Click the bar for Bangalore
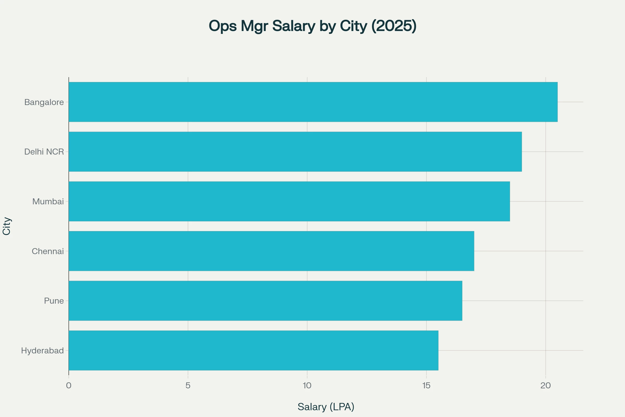pyautogui.click(x=313, y=102)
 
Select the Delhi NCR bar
pyautogui.click(x=295, y=152)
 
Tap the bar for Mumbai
pyautogui.click(x=289, y=201)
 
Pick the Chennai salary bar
pyautogui.click(x=271, y=251)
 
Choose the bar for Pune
pyautogui.click(x=265, y=301)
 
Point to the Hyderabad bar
pyautogui.click(x=253, y=351)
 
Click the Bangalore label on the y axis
pyautogui.click(x=44, y=102)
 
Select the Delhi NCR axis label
pyautogui.click(x=44, y=152)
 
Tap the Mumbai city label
pyautogui.click(x=48, y=201)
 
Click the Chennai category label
pyautogui.click(x=48, y=251)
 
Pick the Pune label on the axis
pyautogui.click(x=54, y=301)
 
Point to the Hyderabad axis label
pyautogui.click(x=42, y=351)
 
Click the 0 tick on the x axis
pyautogui.click(x=69, y=386)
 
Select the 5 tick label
pyautogui.click(x=188, y=386)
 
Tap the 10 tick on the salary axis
pyautogui.click(x=307, y=386)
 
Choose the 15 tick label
pyautogui.click(x=426, y=386)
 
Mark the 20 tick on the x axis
pyautogui.click(x=546, y=386)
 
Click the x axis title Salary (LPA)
pyautogui.click(x=326, y=407)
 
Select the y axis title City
pyautogui.click(x=7, y=226)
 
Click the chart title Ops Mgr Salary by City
pyautogui.click(x=312, y=26)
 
